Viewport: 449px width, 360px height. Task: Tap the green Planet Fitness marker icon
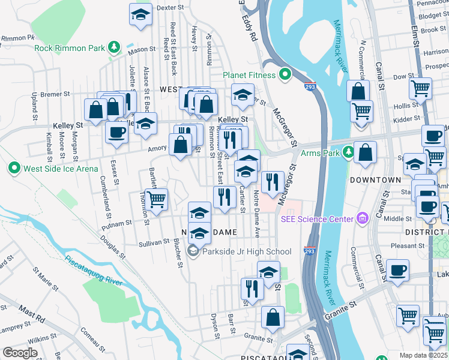(x=285, y=75)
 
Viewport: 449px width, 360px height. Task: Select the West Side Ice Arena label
(x=60, y=168)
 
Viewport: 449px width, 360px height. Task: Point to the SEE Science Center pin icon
(x=361, y=219)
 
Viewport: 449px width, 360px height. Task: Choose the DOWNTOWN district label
(x=376, y=180)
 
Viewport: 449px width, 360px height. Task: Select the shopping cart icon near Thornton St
(x=156, y=199)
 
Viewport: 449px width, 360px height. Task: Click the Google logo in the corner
(x=20, y=353)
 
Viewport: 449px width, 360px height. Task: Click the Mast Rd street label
(x=31, y=312)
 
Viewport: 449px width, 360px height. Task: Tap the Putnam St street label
(x=117, y=224)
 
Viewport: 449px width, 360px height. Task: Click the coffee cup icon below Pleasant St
(x=398, y=270)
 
